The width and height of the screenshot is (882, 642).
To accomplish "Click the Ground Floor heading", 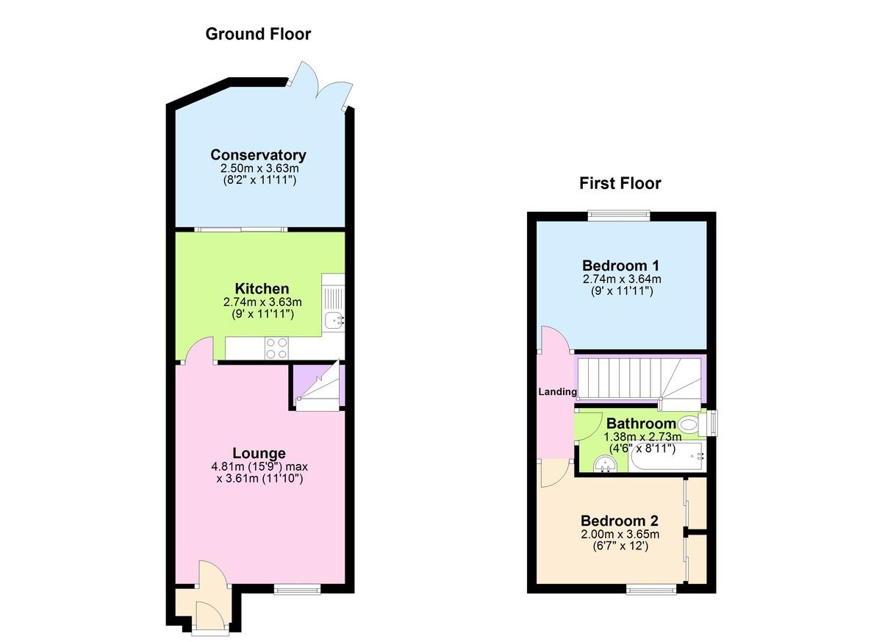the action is pyautogui.click(x=258, y=34).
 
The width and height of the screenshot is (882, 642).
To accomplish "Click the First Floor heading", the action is pyautogui.click(x=620, y=184).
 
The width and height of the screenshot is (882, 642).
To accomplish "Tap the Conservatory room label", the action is pyautogui.click(x=258, y=154).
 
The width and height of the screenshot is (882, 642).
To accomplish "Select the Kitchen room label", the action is pyautogui.click(x=262, y=289).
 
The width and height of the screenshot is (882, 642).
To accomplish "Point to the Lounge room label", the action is pyautogui.click(x=259, y=453).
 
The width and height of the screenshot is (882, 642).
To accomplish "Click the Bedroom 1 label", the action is pyautogui.click(x=621, y=265).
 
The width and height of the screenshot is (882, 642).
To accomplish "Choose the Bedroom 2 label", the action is pyautogui.click(x=620, y=521).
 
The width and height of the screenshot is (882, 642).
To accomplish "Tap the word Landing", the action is pyautogui.click(x=558, y=391).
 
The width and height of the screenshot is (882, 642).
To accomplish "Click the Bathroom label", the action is pyautogui.click(x=641, y=424).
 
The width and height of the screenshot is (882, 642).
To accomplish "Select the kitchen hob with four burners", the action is pyautogui.click(x=276, y=348).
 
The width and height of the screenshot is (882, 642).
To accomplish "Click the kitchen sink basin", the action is pyautogui.click(x=334, y=319).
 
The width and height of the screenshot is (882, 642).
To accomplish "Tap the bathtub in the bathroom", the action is pyautogui.click(x=667, y=457).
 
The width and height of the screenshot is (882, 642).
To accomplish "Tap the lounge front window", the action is pyautogui.click(x=297, y=590).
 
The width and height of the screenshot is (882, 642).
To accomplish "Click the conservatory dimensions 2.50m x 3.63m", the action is pyautogui.click(x=259, y=168).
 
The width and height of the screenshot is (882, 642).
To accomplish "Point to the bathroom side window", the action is pyautogui.click(x=712, y=424).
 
